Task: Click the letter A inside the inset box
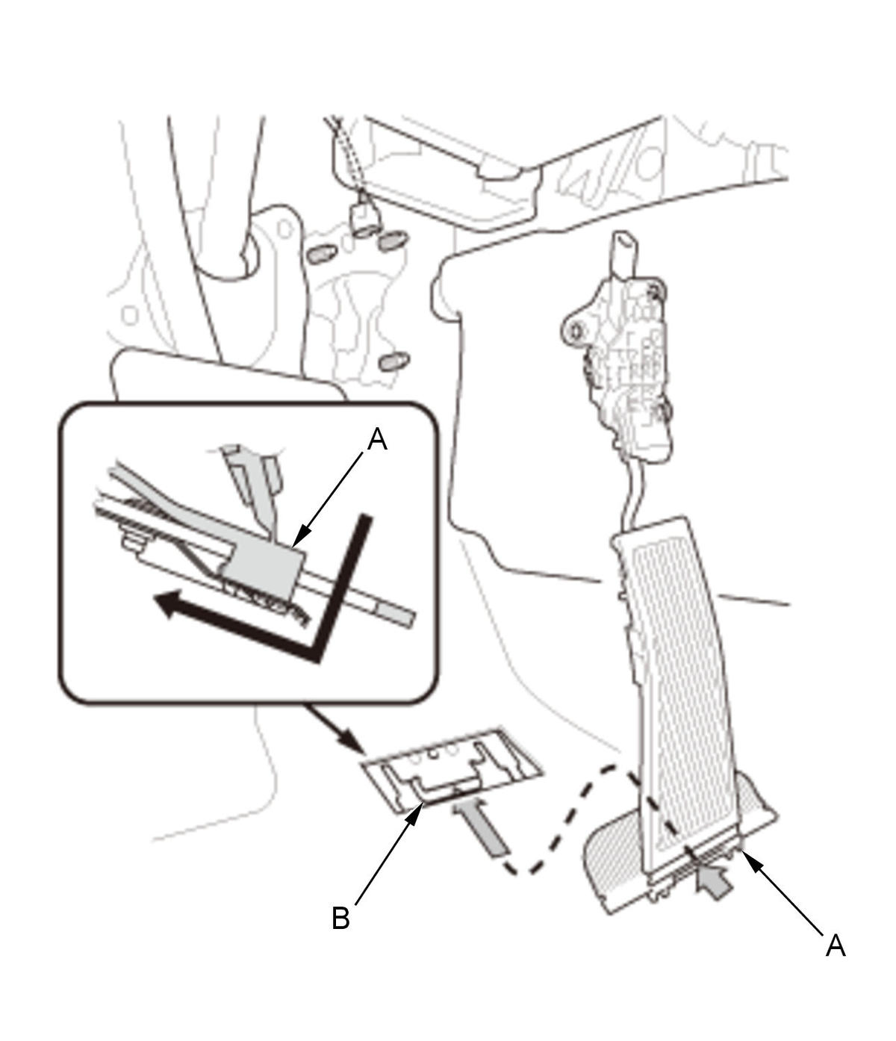(377, 439)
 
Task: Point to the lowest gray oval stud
(393, 361)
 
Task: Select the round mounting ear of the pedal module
(575, 330)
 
